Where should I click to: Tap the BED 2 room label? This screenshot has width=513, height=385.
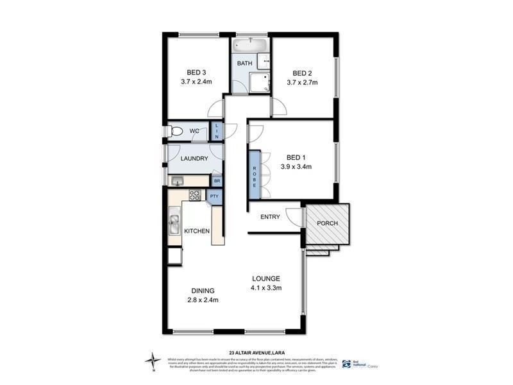click(302, 73)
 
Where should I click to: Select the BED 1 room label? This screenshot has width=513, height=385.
click(296, 157)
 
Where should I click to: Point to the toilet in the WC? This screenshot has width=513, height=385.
click(176, 132)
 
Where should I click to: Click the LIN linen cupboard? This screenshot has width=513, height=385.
click(217, 132)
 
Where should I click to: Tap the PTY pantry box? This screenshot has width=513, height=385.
click(214, 196)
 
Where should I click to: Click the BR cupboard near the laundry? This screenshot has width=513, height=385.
click(217, 181)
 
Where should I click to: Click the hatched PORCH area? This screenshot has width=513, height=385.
click(326, 224)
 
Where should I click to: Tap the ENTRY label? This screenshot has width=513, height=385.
click(270, 217)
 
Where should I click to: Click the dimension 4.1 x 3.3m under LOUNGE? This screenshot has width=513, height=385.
click(265, 287)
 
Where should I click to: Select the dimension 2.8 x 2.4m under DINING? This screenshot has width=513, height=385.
click(202, 300)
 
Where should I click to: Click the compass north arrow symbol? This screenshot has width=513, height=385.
click(152, 361)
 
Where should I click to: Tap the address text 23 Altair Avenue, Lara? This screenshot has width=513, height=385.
click(256, 352)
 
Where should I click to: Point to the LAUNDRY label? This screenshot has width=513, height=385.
click(194, 158)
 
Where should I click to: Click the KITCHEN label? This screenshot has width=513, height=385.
click(197, 231)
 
